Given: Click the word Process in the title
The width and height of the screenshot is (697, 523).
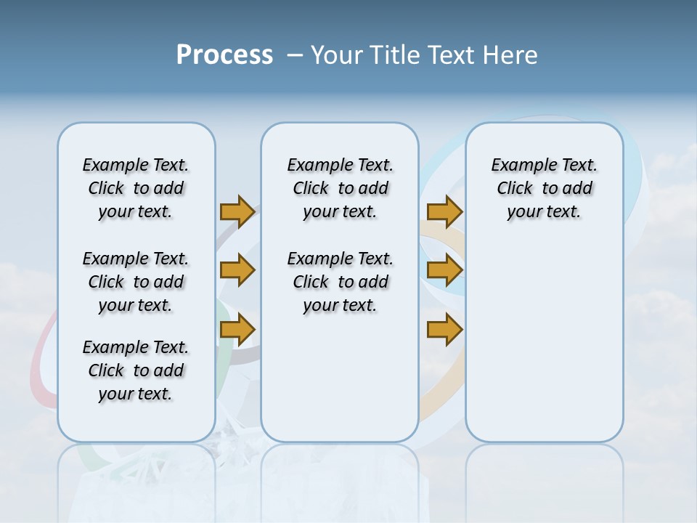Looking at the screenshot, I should click(224, 55).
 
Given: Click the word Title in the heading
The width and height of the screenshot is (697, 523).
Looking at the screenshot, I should click(396, 55).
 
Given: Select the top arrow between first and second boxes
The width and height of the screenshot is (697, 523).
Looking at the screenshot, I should click(237, 211).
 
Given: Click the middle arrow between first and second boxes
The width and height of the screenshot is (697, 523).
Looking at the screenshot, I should click(237, 270).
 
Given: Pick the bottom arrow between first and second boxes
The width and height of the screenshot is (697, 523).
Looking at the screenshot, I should click(237, 330).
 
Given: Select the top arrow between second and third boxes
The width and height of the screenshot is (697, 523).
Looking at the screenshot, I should click(444, 211).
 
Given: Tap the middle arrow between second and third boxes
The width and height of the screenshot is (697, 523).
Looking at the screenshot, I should click(444, 270).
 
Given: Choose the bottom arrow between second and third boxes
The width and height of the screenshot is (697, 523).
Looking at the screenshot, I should click(444, 330).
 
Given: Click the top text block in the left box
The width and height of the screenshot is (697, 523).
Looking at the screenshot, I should click(136, 188).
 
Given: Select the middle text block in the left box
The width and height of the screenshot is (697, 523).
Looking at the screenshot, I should click(136, 282).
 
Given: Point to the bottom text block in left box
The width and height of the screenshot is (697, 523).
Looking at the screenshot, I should click(136, 370).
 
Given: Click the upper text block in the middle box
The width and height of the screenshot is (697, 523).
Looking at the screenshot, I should click(340, 188).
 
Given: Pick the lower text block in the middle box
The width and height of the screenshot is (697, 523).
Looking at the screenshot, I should click(340, 282).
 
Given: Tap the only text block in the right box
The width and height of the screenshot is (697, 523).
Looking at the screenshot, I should click(544, 188).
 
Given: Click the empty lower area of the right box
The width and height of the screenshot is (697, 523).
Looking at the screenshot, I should click(544, 341).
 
